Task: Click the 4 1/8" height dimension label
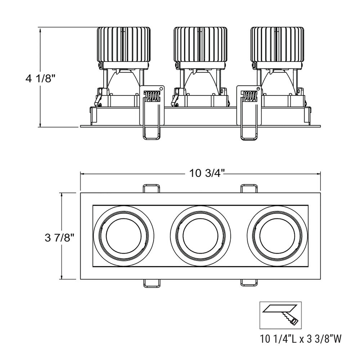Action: pyautogui.click(x=41, y=79)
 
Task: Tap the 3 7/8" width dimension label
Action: pyautogui.click(x=59, y=238)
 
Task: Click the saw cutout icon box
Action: pyautogui.click(x=280, y=315)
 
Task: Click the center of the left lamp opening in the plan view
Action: pyautogui.click(x=124, y=236)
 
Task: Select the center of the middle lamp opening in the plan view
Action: pyautogui.click(x=201, y=236)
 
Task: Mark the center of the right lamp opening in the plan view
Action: pyautogui.click(x=277, y=236)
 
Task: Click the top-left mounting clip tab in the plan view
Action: pyautogui.click(x=151, y=188)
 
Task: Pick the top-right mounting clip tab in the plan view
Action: pyautogui.click(x=249, y=188)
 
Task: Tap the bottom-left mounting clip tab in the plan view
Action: pyautogui.click(x=151, y=283)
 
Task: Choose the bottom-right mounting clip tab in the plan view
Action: pyautogui.click(x=249, y=283)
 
